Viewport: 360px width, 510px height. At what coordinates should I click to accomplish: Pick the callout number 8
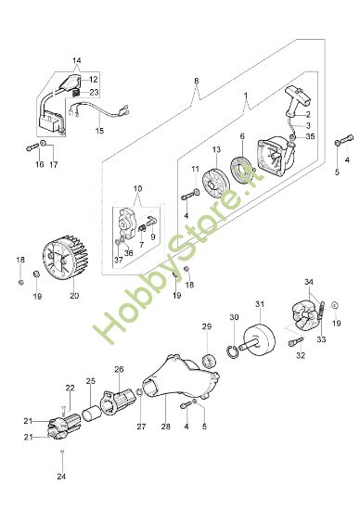(x=197, y=81)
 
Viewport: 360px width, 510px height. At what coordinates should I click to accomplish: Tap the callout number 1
(x=245, y=96)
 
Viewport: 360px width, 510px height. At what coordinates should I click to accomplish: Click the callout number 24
(x=61, y=477)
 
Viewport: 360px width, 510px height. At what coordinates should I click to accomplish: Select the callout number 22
(x=70, y=387)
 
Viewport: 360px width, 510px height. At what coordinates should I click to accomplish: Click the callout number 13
(x=215, y=149)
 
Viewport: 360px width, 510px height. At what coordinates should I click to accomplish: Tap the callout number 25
(x=90, y=380)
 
